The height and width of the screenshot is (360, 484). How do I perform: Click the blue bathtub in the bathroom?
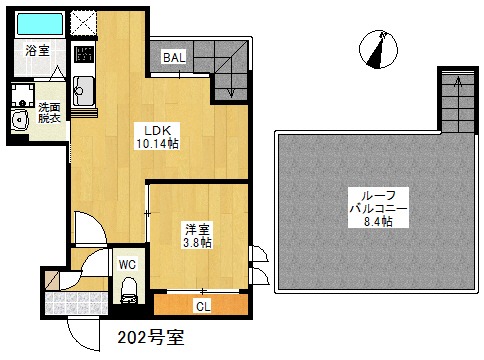point(40,24)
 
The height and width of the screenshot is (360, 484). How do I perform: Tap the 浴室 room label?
point(37,51)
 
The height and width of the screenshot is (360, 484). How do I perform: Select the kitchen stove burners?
point(84,54)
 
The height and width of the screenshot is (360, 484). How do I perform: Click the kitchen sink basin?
point(84,91)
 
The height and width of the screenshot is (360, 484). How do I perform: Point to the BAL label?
point(174,58)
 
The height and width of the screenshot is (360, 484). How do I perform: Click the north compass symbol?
point(378,49)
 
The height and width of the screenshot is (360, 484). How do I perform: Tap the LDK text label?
point(157,130)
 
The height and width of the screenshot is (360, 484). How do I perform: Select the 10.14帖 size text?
point(157,144)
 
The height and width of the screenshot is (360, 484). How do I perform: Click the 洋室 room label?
point(197,229)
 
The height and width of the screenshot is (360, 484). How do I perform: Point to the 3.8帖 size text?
point(197,243)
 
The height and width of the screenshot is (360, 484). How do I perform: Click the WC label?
point(127,265)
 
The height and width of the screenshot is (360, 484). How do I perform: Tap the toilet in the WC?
point(128,290)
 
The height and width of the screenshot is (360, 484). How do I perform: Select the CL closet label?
point(203,306)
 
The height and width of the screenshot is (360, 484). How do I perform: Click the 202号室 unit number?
point(151,337)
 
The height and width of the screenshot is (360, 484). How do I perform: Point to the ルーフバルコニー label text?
point(378,202)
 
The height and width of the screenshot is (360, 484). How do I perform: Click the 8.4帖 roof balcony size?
point(378,221)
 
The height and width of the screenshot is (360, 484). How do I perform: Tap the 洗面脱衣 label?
point(49,113)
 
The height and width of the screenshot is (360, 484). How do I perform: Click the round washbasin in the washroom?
point(20,119)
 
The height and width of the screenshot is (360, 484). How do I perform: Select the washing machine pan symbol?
point(23,95)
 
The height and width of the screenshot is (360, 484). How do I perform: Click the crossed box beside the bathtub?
point(84,23)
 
